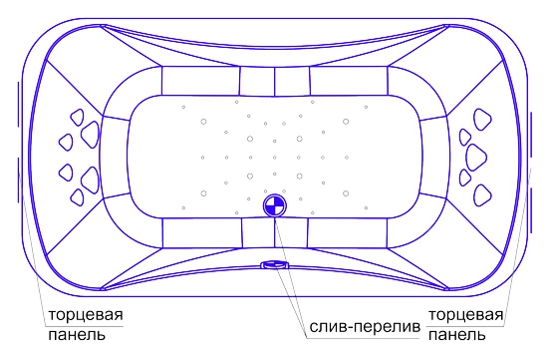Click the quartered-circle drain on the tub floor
click(275, 205)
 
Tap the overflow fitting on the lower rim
click(275, 264)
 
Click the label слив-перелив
click(365, 327)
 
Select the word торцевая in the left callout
click(86, 315)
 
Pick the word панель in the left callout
click(77, 334)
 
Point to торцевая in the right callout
click(466, 315)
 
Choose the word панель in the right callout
click(457, 335)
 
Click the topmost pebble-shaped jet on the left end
click(78, 117)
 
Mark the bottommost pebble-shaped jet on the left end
click(77, 197)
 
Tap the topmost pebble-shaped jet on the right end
click(482, 120)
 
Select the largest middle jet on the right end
click(476, 158)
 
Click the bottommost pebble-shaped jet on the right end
click(482, 194)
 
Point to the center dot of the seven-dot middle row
click(275, 158)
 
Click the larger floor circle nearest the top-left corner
click(203, 122)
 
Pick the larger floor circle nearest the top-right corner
click(346, 122)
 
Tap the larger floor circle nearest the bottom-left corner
click(203, 193)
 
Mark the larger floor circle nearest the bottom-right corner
click(346, 193)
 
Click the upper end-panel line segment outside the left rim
click(18, 105)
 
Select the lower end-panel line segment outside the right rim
click(531, 210)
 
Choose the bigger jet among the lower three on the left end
click(90, 180)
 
